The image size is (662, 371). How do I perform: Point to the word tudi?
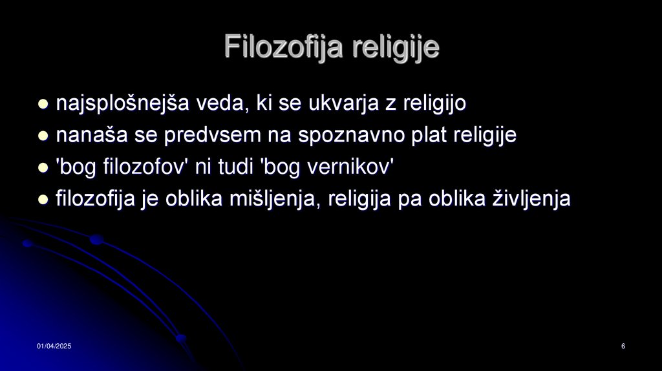pos(235,167)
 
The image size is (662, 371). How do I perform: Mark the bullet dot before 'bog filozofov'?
pos(43,167)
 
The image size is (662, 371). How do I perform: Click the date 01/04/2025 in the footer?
pos(54,348)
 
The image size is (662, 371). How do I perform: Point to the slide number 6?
pos(623,348)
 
